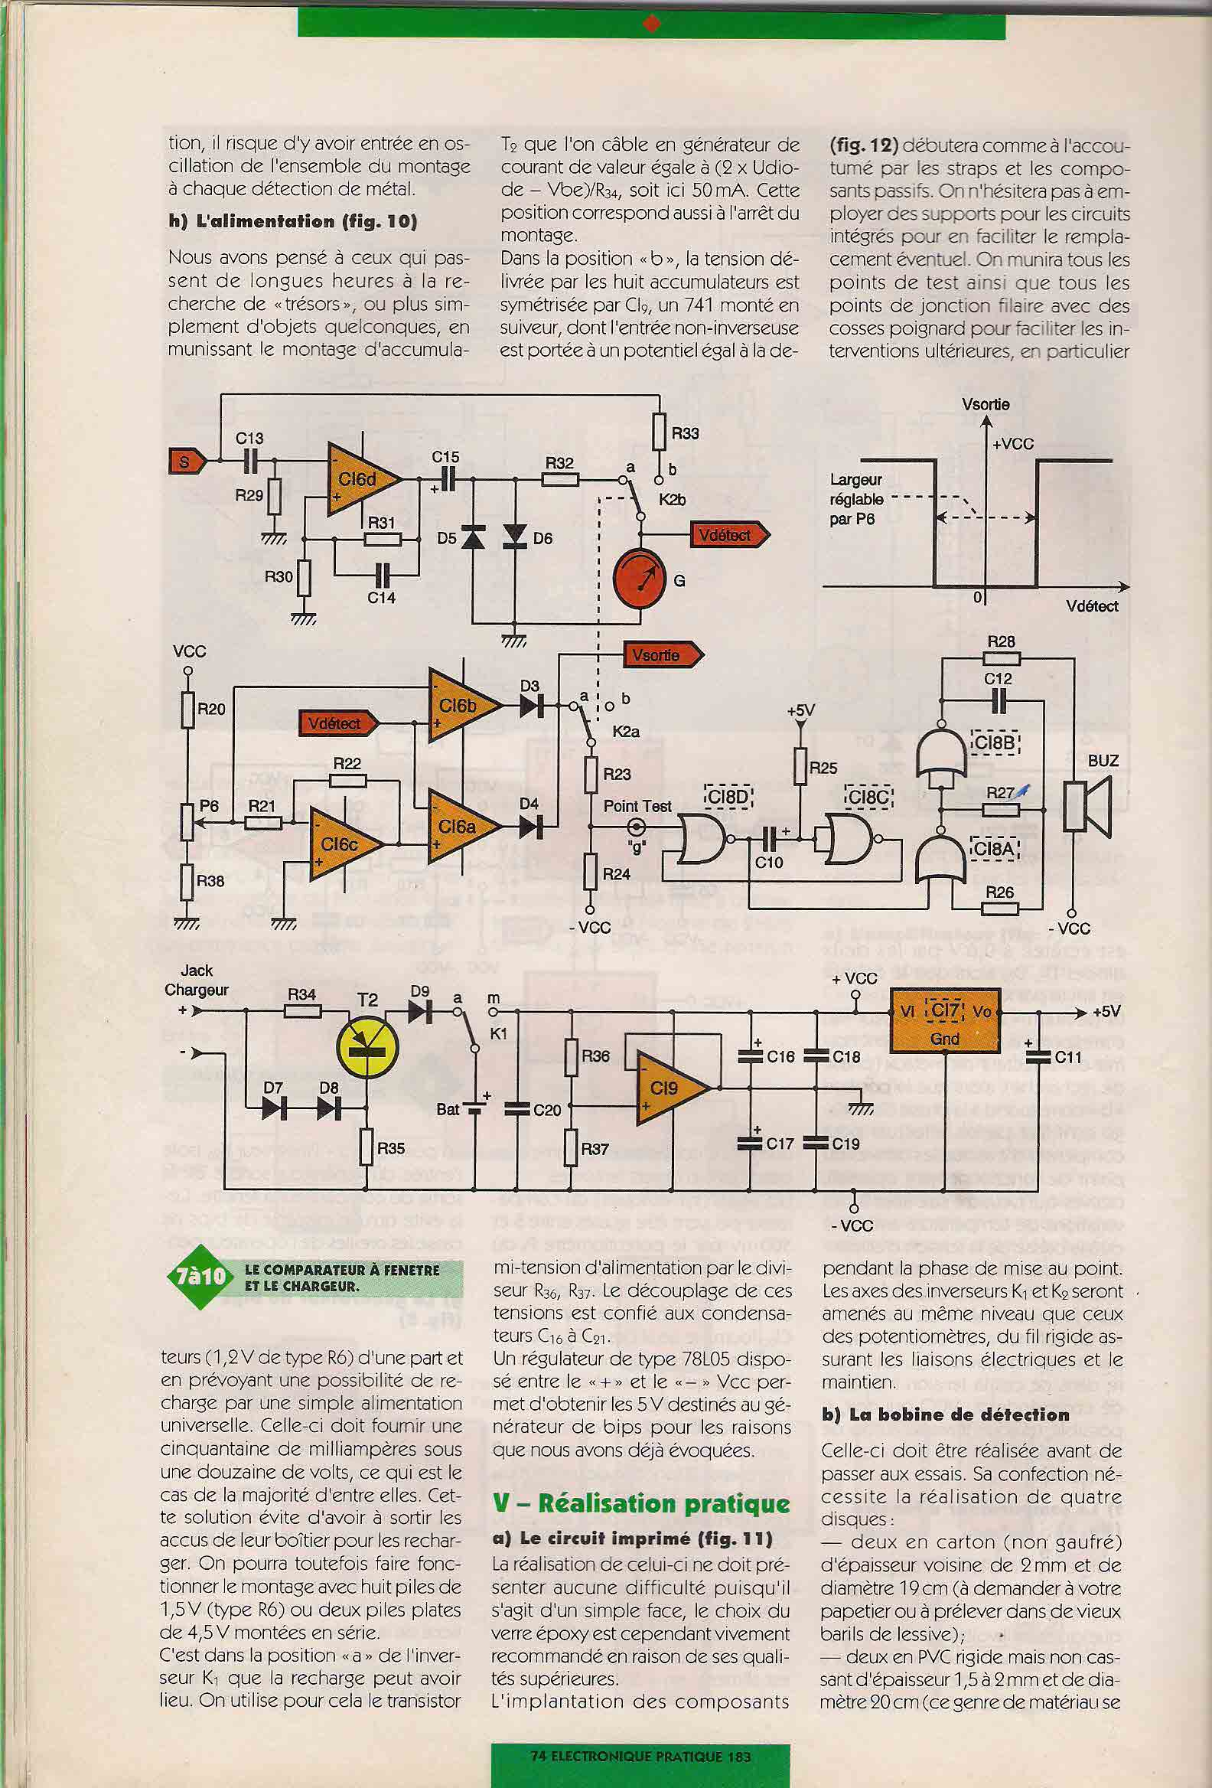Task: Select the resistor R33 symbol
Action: click(x=658, y=433)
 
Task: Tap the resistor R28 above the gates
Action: click(x=1002, y=657)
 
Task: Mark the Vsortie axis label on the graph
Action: click(x=986, y=405)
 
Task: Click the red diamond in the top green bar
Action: click(x=652, y=24)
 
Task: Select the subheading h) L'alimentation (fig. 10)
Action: click(x=293, y=221)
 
